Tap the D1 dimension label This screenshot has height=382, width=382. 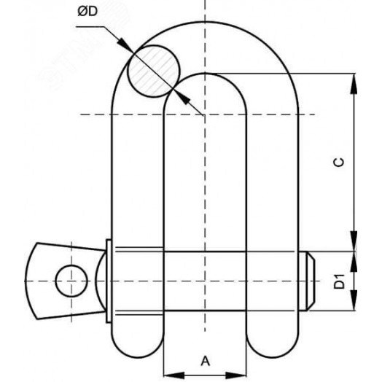(339, 280)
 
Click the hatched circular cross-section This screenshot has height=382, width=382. (152, 69)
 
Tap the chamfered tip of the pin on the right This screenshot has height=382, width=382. (310, 280)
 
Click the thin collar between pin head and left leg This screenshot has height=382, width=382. (108, 280)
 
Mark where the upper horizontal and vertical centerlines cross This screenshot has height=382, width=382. (205, 114)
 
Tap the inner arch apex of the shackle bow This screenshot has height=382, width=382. (205, 74)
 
